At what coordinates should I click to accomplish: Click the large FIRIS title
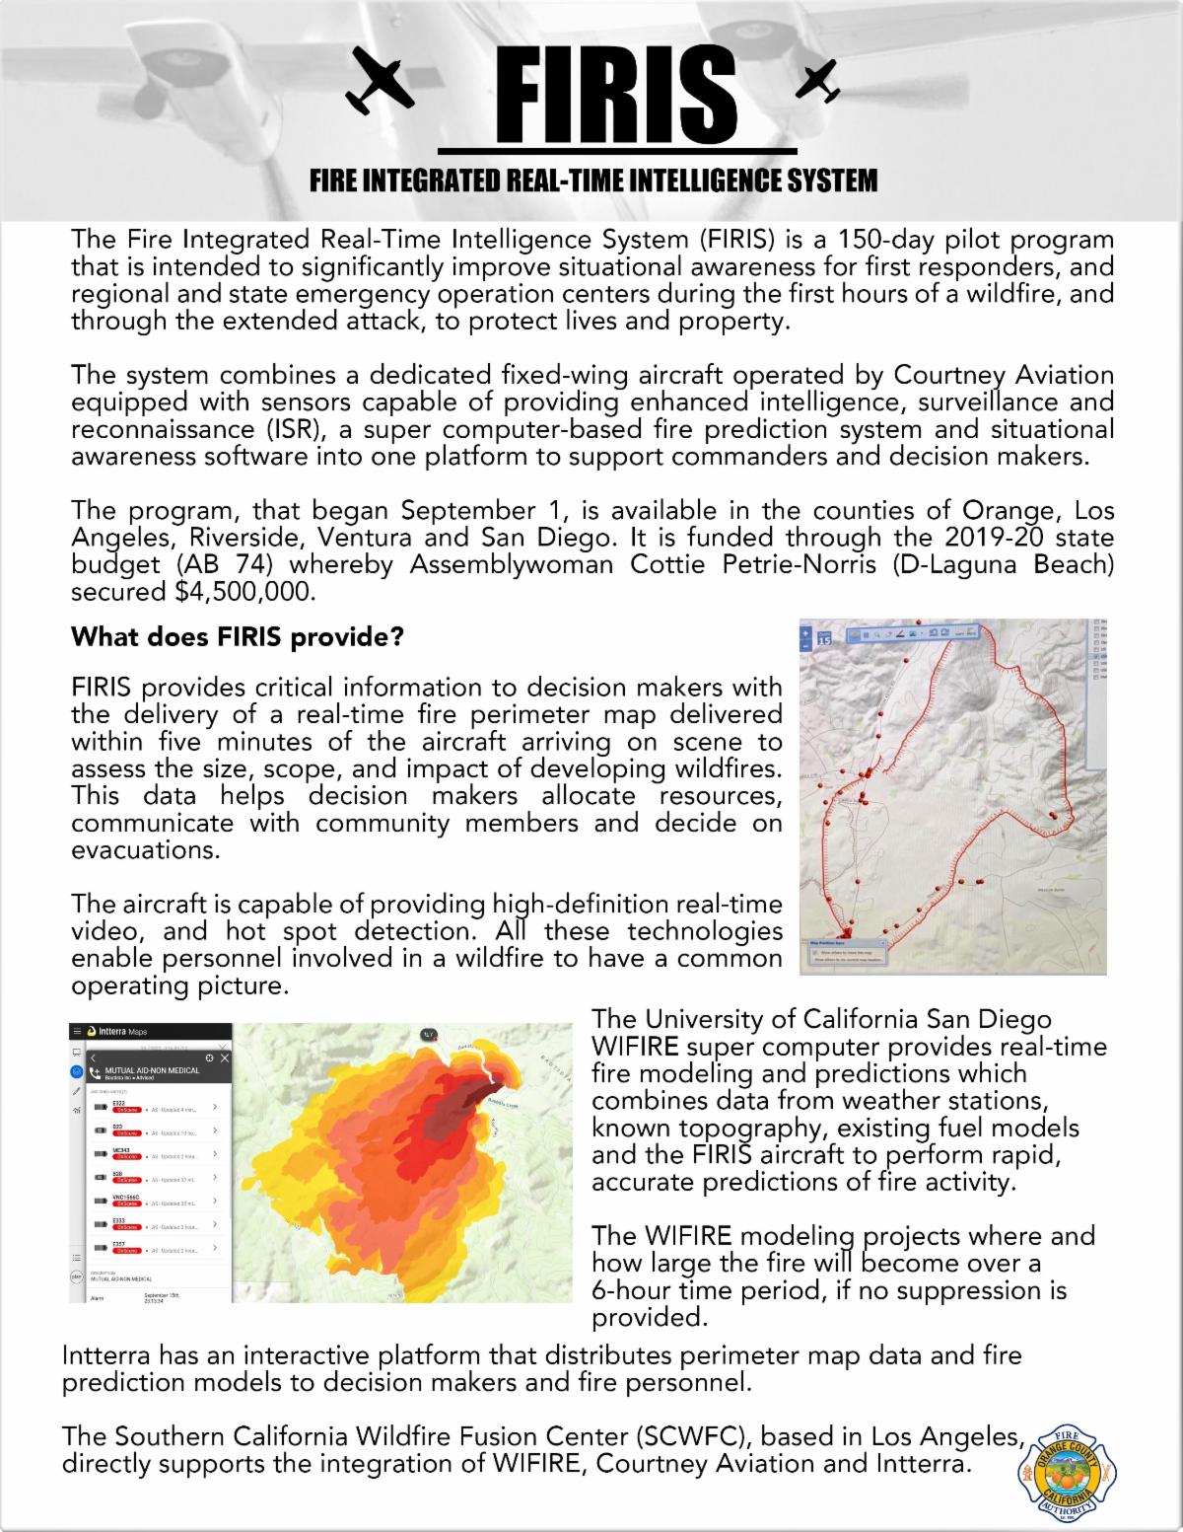[x=617, y=95]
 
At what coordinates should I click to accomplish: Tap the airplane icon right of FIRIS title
[x=817, y=81]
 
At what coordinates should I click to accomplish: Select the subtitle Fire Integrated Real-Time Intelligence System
[x=592, y=181]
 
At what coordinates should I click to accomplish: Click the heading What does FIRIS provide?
[x=238, y=637]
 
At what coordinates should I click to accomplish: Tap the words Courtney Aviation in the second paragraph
[x=1004, y=375]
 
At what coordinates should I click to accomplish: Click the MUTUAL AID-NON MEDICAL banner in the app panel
[x=153, y=1069]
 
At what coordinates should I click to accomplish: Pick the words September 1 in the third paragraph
[x=479, y=511]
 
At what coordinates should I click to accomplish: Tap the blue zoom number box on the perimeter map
[x=825, y=638]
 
